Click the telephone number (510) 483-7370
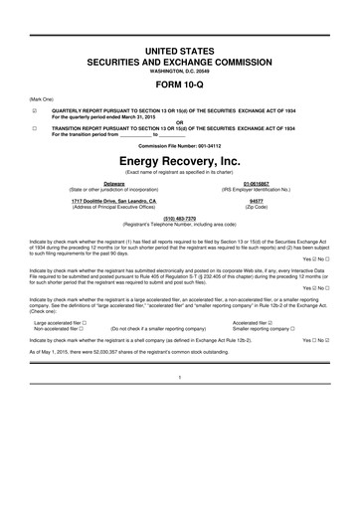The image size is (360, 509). (x=180, y=218)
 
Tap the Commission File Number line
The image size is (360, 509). (x=180, y=145)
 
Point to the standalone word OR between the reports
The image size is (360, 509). (x=180, y=122)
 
